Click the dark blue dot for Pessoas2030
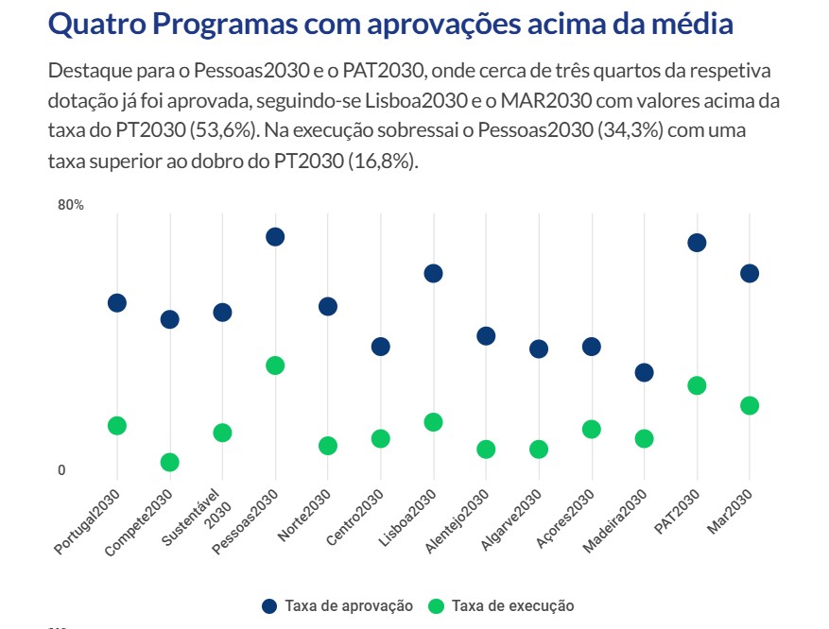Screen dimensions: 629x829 [x=275, y=237]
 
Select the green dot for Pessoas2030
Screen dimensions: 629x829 [x=275, y=365]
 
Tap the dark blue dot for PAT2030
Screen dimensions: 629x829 [x=697, y=243]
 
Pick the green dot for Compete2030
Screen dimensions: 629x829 [x=170, y=462]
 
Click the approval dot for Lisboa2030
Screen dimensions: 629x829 [x=433, y=274]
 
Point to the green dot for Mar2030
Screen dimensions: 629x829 [x=750, y=405]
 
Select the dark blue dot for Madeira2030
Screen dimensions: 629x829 [x=644, y=372]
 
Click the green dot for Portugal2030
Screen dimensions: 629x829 [x=117, y=426]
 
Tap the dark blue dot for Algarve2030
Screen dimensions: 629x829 [x=539, y=348]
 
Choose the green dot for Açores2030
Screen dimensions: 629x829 [x=592, y=430]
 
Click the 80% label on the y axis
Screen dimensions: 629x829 [x=71, y=205]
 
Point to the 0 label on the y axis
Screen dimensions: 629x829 [x=61, y=470]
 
